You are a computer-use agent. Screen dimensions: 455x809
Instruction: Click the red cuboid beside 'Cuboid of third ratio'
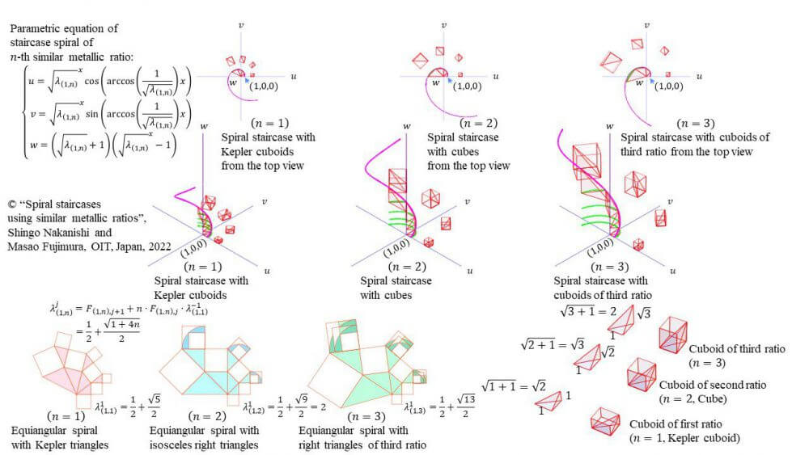674,334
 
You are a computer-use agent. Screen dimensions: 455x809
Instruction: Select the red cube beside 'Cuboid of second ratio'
641,374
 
